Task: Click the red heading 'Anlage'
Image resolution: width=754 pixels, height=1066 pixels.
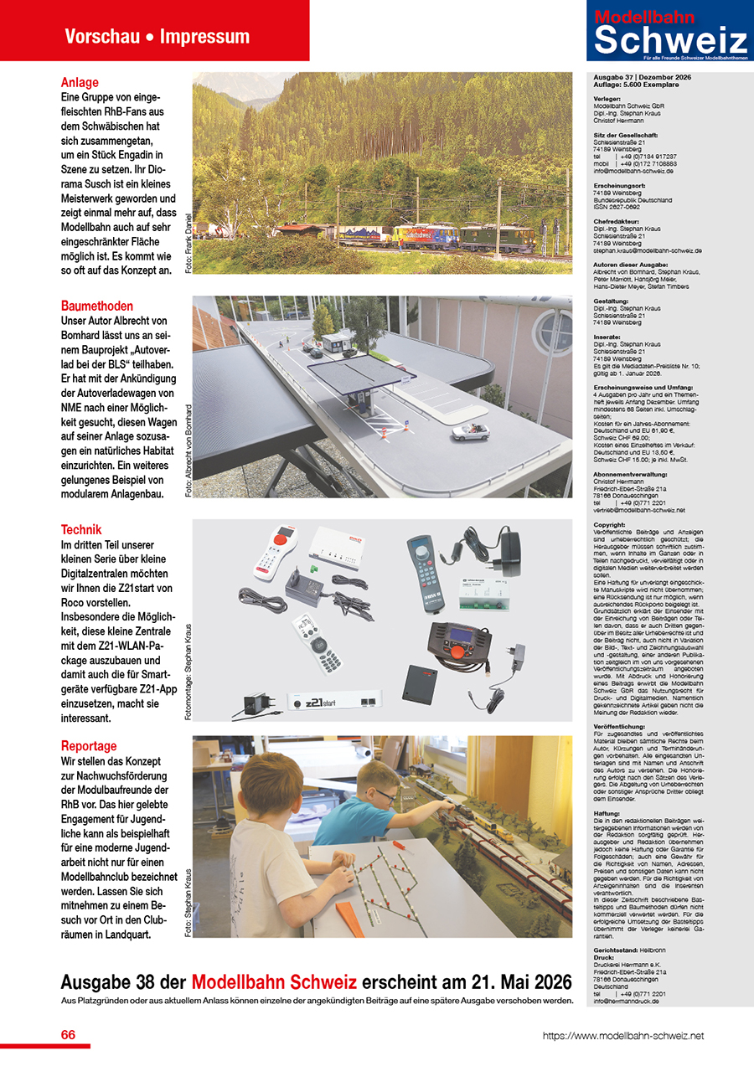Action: [80, 83]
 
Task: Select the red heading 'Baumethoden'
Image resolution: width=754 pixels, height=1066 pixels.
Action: [97, 306]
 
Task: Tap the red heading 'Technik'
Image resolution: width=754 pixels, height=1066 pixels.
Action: [81, 529]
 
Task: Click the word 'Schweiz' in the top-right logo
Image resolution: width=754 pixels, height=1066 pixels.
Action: [670, 40]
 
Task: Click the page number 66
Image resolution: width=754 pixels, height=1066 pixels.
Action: [68, 1035]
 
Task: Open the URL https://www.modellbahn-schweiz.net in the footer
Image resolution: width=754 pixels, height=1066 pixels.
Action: [623, 1036]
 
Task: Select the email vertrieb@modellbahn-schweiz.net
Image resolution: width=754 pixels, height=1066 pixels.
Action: [638, 510]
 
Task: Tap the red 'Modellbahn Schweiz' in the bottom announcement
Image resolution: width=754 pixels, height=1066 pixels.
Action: [274, 981]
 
